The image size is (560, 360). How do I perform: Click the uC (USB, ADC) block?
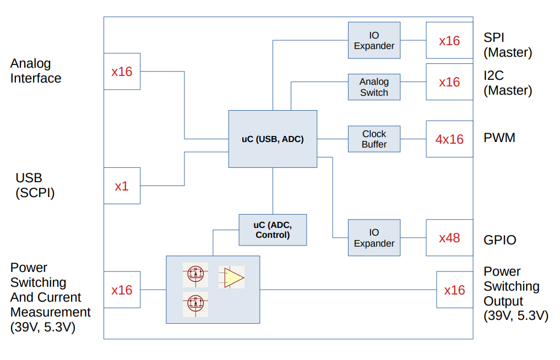click(273, 139)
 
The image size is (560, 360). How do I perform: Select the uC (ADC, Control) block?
click(273, 230)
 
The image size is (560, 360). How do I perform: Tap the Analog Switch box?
click(374, 87)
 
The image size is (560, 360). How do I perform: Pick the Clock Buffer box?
click(374, 139)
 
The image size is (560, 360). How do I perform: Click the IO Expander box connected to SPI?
click(374, 40)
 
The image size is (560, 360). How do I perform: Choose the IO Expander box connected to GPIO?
click(374, 238)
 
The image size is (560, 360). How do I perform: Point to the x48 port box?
click(449, 238)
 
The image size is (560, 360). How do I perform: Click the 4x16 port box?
click(449, 139)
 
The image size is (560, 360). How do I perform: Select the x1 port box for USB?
click(122, 186)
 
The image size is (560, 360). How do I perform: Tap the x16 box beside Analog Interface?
click(122, 71)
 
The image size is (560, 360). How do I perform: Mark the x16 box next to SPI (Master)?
click(449, 40)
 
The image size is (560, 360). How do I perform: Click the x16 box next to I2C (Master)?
click(449, 82)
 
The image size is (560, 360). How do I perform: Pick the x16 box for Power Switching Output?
click(454, 290)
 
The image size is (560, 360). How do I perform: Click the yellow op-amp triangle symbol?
click(233, 277)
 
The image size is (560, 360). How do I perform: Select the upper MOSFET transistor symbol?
click(195, 274)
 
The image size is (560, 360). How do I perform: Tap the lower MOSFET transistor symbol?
click(195, 303)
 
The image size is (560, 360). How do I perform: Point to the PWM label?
click(499, 138)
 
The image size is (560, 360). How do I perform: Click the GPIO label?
click(500, 240)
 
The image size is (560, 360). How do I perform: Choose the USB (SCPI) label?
click(35, 186)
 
